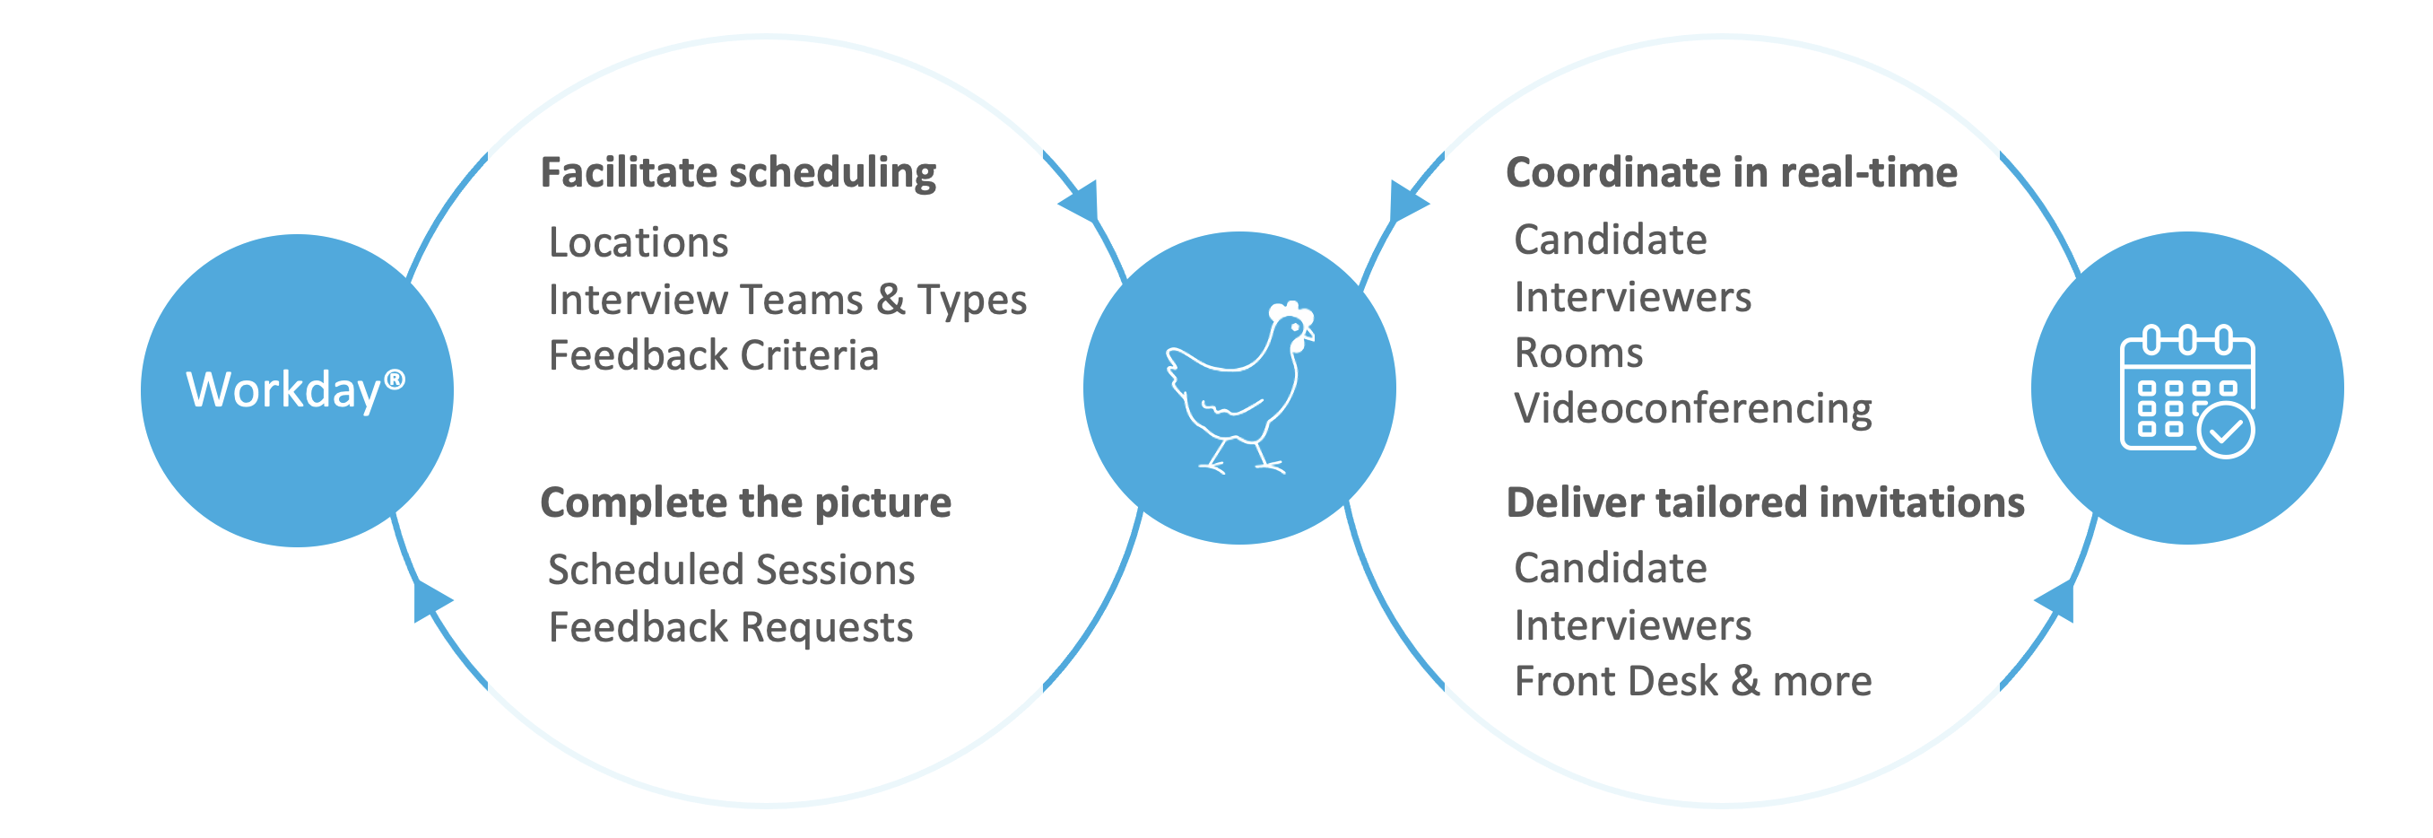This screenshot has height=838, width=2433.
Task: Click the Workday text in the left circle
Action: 283,389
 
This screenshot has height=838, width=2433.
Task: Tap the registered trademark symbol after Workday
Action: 395,380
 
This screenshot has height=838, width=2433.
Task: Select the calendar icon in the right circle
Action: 2185,389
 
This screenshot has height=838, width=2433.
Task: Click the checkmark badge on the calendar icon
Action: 2225,431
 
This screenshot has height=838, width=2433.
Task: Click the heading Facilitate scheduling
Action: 738,173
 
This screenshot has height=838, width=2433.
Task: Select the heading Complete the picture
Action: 745,502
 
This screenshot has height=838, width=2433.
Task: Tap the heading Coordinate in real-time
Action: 1731,173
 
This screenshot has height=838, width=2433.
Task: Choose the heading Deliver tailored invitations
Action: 1765,502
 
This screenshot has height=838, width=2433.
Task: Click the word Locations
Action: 639,243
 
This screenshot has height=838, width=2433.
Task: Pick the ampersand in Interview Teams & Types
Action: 890,300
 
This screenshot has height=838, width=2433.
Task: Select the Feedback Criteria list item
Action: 714,356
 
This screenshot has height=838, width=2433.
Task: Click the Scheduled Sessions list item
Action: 731,570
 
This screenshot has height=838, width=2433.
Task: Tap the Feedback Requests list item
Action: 731,627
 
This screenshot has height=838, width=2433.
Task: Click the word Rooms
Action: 1578,354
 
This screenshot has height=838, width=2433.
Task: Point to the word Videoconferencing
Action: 1692,409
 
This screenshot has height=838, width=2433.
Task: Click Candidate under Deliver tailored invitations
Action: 1611,569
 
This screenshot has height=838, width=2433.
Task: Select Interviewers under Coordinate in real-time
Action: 1632,298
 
